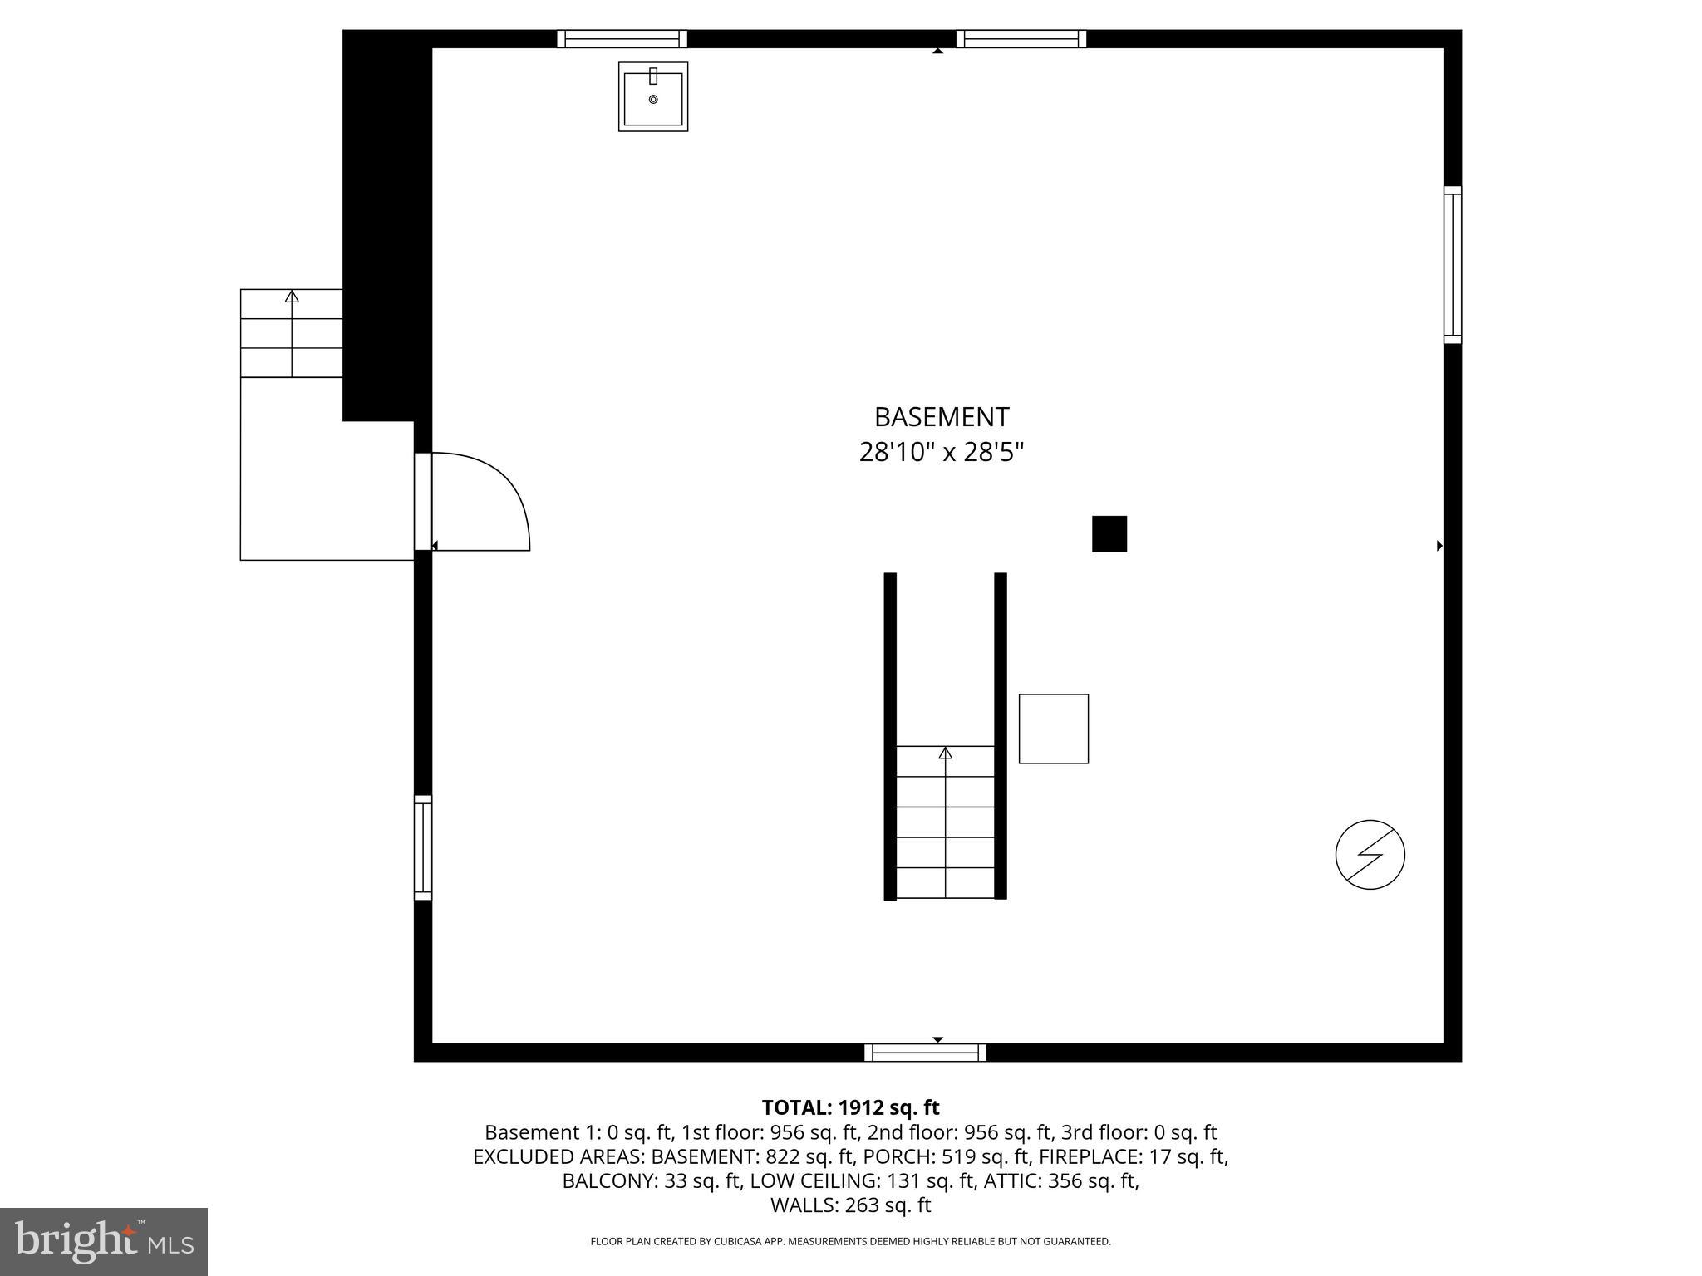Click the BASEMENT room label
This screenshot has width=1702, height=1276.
pos(942,416)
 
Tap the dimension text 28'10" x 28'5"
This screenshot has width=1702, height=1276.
pos(942,453)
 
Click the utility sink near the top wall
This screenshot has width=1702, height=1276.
pos(653,96)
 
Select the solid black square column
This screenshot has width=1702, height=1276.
pos(1109,533)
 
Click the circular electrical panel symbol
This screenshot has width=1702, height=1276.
pos(1370,855)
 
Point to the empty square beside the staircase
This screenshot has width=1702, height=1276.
pos(1053,729)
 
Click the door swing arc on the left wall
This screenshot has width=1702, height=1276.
pos(499,490)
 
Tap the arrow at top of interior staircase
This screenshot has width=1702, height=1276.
pos(945,753)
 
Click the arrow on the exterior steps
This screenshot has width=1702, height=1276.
pos(292,297)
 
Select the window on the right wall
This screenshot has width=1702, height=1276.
pos(1452,264)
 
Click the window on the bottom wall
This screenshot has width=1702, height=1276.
pos(925,1053)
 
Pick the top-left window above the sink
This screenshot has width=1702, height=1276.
pos(622,38)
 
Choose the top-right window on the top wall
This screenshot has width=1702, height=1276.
pos(1021,38)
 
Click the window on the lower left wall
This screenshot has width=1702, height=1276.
pos(423,847)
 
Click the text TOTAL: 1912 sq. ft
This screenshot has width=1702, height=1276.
pos(850,1107)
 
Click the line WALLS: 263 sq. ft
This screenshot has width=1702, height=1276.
pos(850,1205)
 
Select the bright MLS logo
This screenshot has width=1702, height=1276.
pos(104,1242)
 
